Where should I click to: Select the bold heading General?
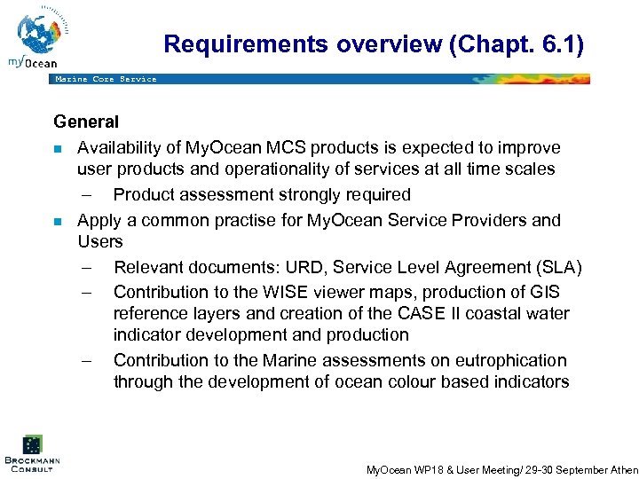point(85,122)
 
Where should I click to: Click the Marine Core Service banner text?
point(106,79)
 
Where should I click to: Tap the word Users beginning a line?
point(100,241)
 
